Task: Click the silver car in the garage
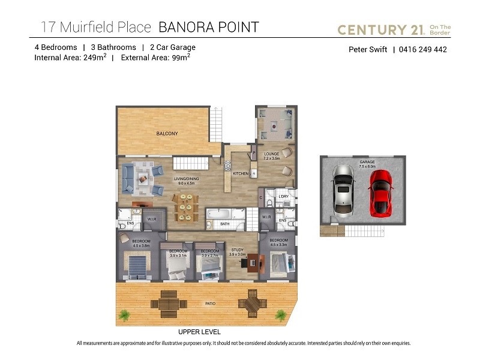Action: point(343,188)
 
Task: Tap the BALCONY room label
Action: point(167,133)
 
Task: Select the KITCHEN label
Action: point(241,174)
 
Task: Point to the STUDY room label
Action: point(237,251)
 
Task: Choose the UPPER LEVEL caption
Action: point(199,332)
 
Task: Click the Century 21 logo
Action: point(394,29)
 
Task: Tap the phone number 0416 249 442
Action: point(423,50)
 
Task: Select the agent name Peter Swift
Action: point(368,50)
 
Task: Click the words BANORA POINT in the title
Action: point(208,27)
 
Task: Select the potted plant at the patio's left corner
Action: point(124,314)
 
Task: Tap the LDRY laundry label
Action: point(284,197)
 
